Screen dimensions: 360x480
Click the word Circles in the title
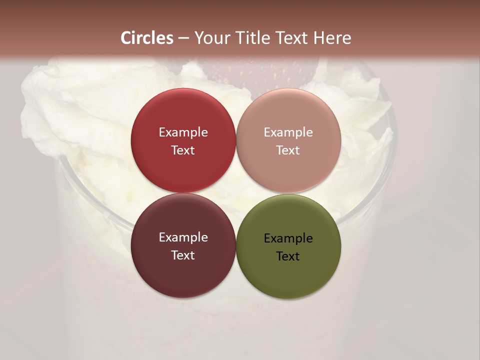147,38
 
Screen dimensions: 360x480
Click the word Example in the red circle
183,132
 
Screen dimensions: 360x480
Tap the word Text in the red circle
183,150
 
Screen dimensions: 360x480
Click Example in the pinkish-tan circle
288,132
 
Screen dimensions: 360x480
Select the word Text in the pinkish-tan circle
288,150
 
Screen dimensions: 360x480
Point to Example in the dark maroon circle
183,237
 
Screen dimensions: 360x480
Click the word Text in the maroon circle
183,255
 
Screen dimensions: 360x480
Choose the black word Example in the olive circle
288,238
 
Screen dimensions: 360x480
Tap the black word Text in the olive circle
288,256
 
